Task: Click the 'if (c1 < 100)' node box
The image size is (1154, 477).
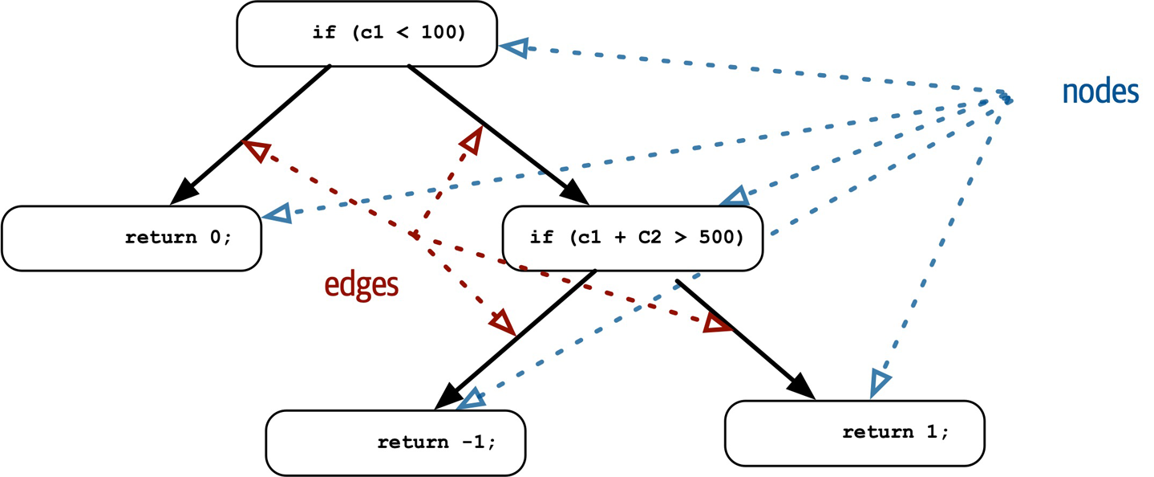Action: tap(366, 34)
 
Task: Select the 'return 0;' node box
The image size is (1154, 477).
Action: tap(132, 238)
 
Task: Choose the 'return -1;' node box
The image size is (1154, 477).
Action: tap(396, 442)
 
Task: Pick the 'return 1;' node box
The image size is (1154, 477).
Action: tap(854, 432)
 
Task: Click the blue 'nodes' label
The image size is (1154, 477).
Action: tap(1100, 92)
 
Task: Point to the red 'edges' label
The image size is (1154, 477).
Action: tap(361, 285)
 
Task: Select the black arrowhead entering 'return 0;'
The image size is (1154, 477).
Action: tap(185, 190)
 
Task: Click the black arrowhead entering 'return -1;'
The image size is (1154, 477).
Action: tap(449, 396)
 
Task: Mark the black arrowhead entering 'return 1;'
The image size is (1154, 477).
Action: tap(802, 385)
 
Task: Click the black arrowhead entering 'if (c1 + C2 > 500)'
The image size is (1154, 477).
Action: tap(577, 192)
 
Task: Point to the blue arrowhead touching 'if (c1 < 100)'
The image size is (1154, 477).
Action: tap(515, 47)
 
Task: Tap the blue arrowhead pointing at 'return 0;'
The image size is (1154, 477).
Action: tap(277, 214)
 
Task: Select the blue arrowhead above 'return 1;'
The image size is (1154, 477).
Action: tap(879, 383)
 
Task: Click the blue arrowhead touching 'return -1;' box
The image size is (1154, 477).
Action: tap(472, 399)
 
